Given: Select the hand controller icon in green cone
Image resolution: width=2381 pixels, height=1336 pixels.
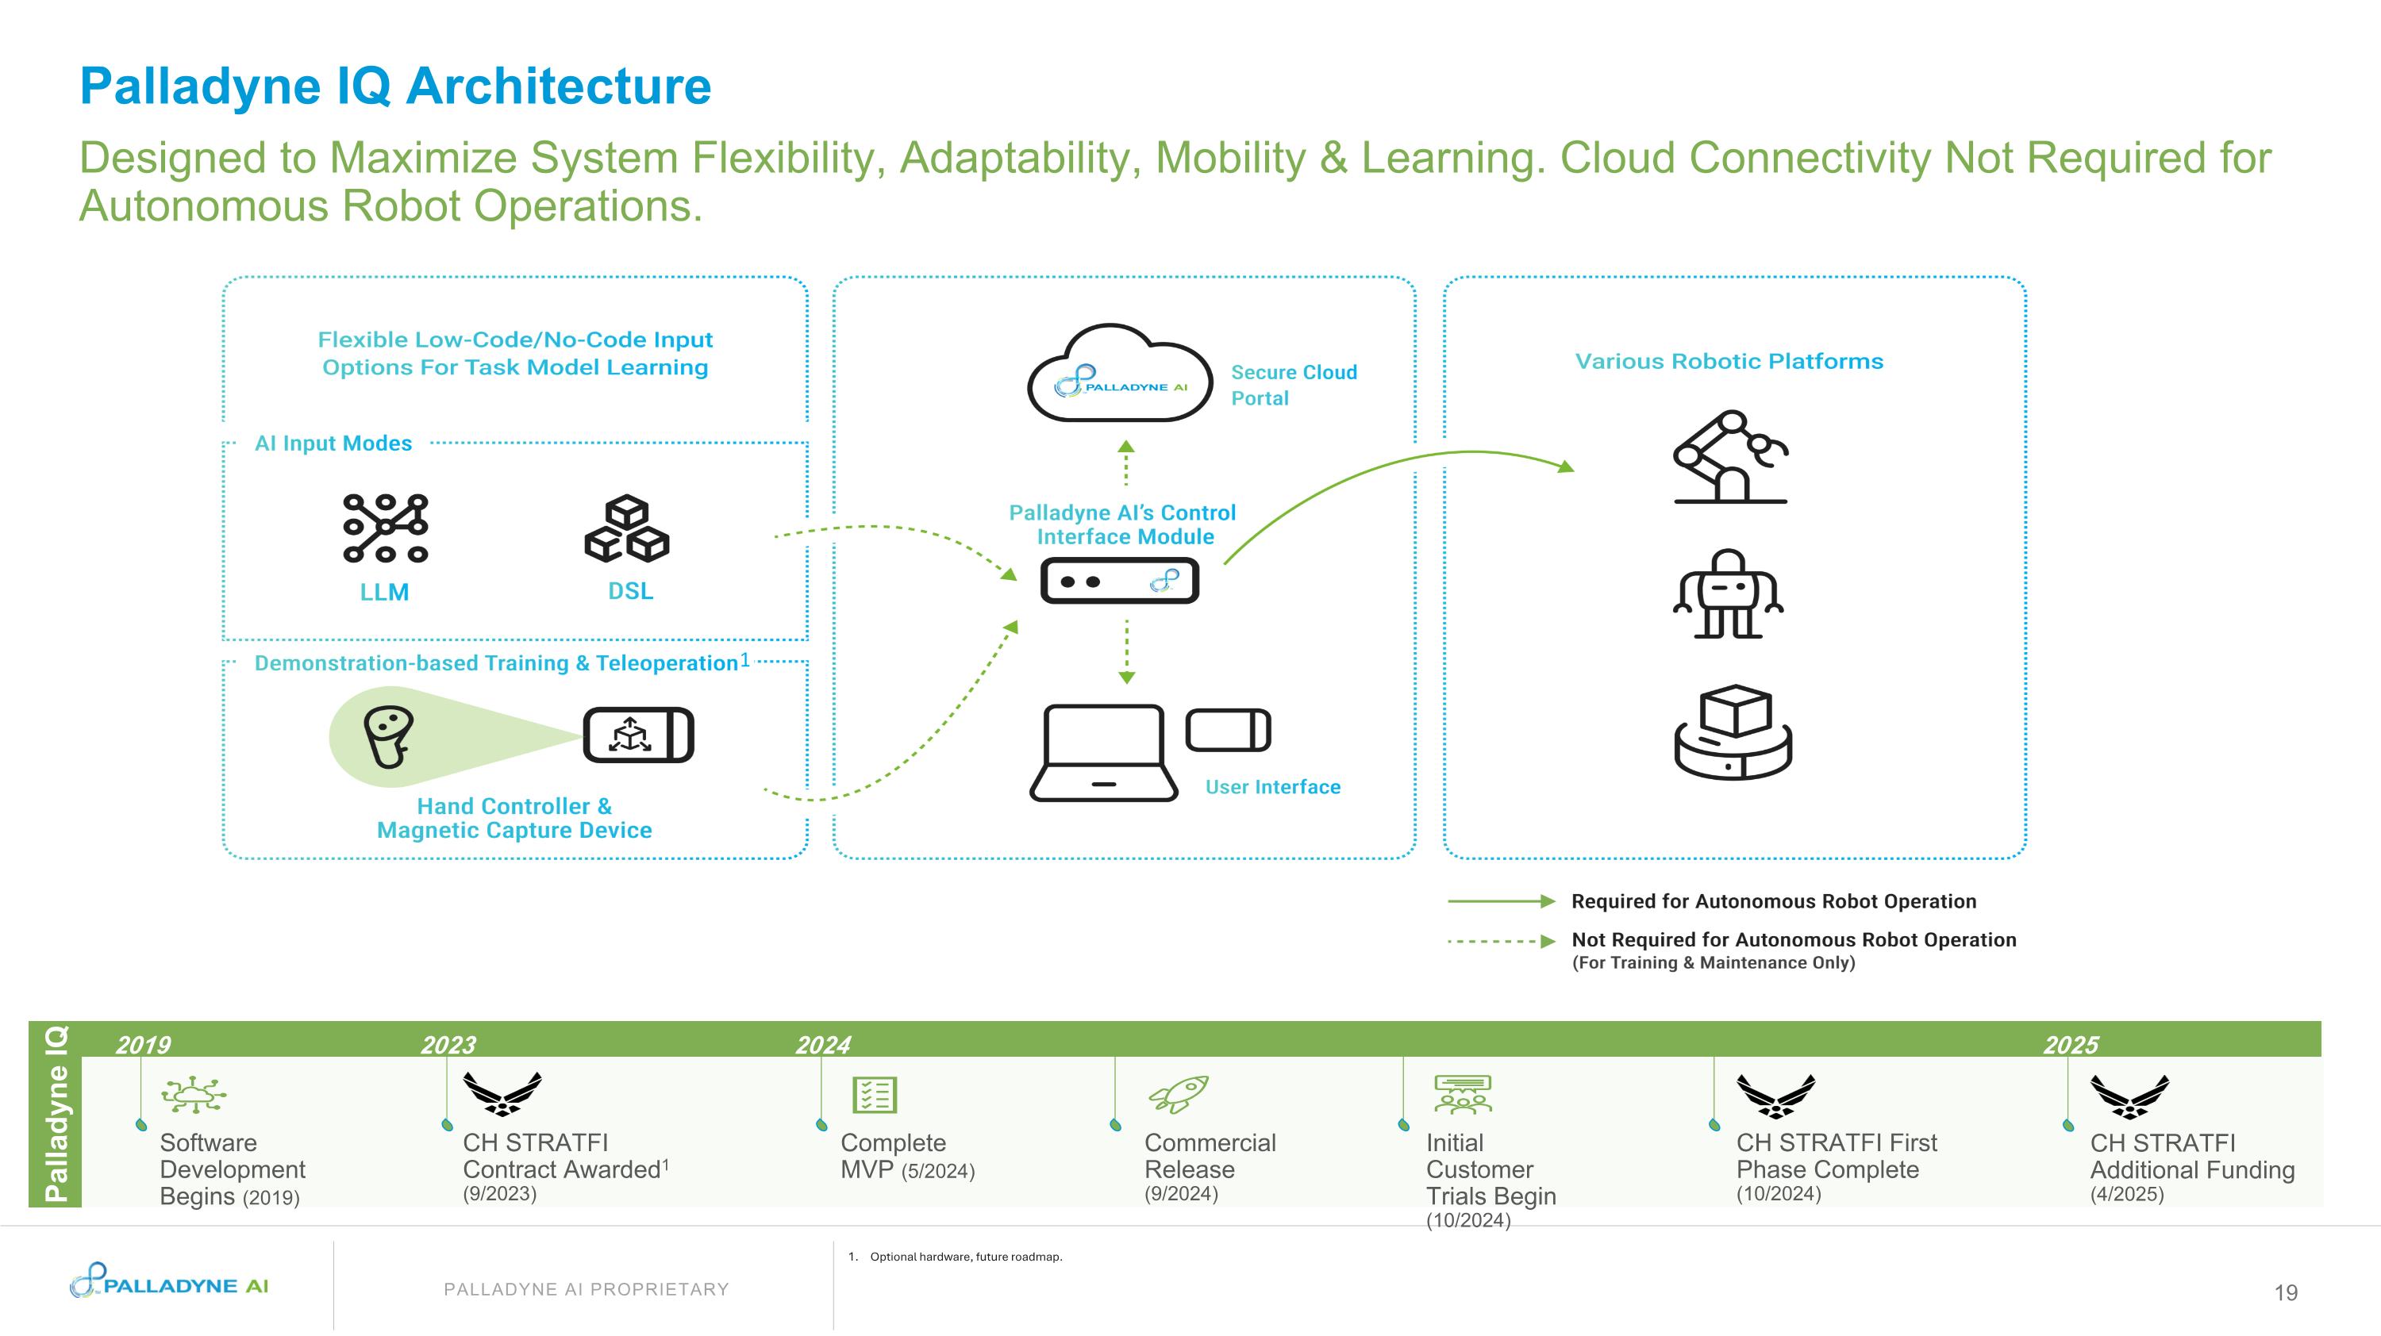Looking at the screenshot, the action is (387, 736).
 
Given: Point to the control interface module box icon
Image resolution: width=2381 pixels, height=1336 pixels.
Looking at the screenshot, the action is (1119, 582).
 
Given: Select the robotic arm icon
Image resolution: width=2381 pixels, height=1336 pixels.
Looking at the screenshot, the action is (1730, 456).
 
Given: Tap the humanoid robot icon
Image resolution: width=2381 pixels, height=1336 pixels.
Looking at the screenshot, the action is (1728, 593).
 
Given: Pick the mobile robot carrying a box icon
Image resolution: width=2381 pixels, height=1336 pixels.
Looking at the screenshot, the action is (1733, 731).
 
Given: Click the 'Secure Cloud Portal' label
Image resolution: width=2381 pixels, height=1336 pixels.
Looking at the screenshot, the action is (1293, 386).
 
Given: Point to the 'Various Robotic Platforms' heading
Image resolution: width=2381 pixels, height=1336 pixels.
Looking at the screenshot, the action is (1729, 361).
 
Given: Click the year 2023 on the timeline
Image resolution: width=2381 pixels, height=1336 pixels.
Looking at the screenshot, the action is (448, 1045).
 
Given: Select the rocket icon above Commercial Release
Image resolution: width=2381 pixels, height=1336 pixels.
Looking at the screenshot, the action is (1179, 1094).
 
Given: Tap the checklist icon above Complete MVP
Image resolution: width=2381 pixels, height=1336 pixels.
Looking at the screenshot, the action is (875, 1095).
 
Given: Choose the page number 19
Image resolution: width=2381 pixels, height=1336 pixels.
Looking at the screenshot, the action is (2286, 1292).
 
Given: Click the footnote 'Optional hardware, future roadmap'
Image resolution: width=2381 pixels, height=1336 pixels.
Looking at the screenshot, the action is (966, 1257).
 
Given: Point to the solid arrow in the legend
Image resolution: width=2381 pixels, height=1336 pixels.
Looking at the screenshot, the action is (1502, 900).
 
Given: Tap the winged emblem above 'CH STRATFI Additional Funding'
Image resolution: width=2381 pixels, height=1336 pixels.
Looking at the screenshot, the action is (2129, 1096).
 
